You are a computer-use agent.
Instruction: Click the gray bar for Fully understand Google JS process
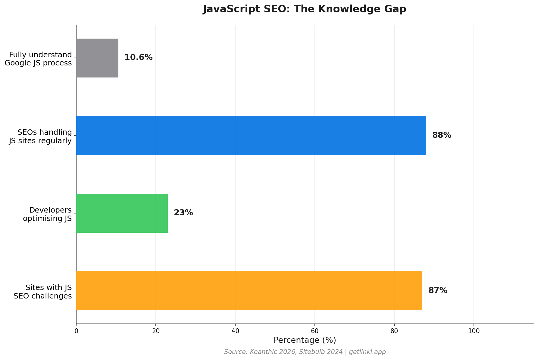pyautogui.click(x=97, y=58)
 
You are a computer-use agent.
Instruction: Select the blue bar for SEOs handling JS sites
pyautogui.click(x=251, y=135)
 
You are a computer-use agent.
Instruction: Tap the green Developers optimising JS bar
pyautogui.click(x=122, y=213)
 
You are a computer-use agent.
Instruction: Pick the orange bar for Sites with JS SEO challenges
pyautogui.click(x=249, y=291)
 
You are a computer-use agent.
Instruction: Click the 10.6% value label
pyautogui.click(x=138, y=57)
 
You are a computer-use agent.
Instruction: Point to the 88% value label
pyautogui.click(x=442, y=135)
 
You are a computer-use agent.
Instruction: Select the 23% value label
pyautogui.click(x=183, y=213)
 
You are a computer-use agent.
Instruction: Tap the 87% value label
pyautogui.click(x=438, y=290)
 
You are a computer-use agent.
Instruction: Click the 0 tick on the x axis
pyautogui.click(x=76, y=331)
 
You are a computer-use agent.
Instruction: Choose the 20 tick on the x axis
pyautogui.click(x=156, y=331)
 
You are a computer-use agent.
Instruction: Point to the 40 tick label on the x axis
pyautogui.click(x=235, y=331)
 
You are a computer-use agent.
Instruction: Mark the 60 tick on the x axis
pyautogui.click(x=314, y=331)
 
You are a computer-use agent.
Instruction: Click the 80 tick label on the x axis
pyautogui.click(x=394, y=331)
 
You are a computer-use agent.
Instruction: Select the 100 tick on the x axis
pyautogui.click(x=474, y=331)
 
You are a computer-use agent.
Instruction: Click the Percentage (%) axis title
pyautogui.click(x=305, y=340)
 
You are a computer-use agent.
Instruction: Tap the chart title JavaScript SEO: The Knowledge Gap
pyautogui.click(x=305, y=9)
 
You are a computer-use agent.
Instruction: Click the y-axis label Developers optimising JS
pyautogui.click(x=47, y=214)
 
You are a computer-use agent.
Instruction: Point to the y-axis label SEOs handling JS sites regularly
pyautogui.click(x=40, y=136)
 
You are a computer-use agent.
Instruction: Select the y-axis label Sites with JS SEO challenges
pyautogui.click(x=43, y=292)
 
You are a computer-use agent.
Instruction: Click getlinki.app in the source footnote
pyautogui.click(x=367, y=352)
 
